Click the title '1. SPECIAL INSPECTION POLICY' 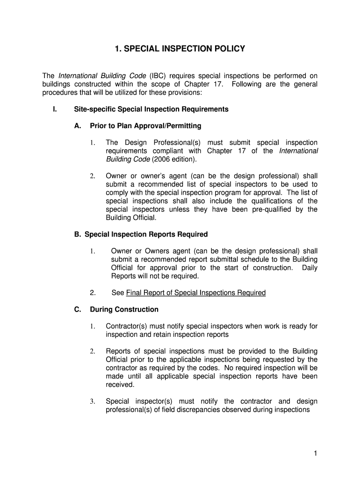click(x=180, y=49)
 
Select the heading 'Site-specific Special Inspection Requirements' click(x=151, y=109)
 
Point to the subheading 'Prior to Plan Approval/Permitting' click(x=145, y=126)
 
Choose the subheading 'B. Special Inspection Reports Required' click(x=141, y=234)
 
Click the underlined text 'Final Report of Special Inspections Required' click(x=196, y=293)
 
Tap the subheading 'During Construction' click(x=124, y=309)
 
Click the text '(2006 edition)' click(x=174, y=159)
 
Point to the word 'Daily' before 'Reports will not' click(x=310, y=268)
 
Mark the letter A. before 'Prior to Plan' click(x=78, y=126)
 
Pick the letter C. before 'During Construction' click(x=78, y=309)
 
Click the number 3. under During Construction click(x=93, y=401)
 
